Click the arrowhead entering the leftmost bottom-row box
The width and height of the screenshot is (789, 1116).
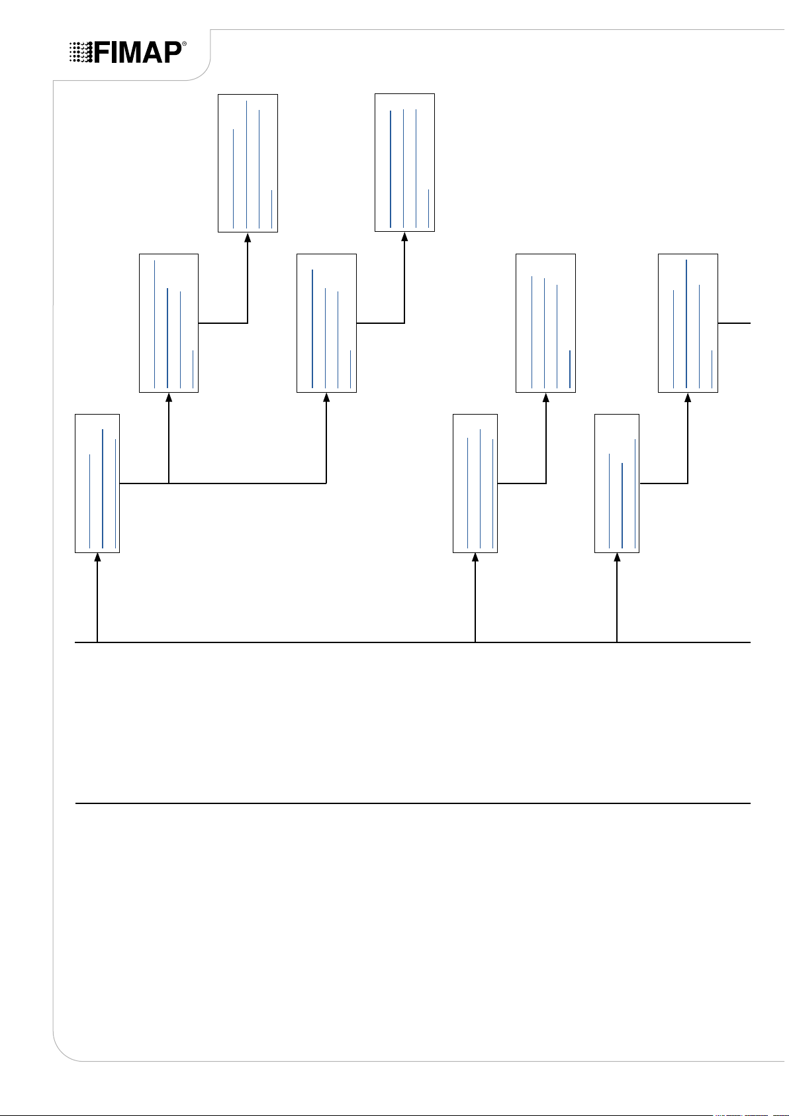[97, 558]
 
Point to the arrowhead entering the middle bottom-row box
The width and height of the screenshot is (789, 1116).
[475, 558]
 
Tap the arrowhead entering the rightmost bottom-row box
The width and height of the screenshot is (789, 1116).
[617, 558]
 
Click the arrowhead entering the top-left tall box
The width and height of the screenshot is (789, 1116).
[248, 238]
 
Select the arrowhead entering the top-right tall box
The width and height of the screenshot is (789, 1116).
[404, 238]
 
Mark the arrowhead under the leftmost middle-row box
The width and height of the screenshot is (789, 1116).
[169, 398]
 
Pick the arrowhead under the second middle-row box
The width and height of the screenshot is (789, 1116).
[326, 398]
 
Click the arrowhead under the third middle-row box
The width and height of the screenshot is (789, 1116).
[546, 398]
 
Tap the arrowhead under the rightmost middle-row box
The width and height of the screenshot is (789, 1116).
[688, 398]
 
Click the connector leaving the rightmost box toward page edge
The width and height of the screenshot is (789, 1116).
[735, 323]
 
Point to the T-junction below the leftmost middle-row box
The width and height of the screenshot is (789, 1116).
[169, 483]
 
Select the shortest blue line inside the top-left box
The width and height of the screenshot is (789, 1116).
[271, 209]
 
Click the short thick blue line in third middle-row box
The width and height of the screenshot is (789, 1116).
[570, 369]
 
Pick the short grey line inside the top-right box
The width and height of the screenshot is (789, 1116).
[428, 208]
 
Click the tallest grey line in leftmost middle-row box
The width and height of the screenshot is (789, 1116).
[154, 325]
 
